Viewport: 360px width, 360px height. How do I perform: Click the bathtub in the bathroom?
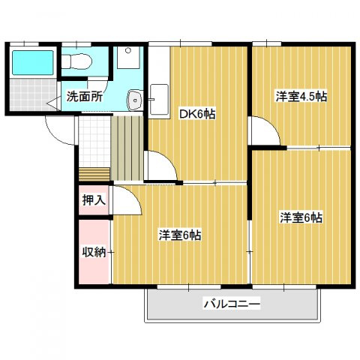coord(31,62)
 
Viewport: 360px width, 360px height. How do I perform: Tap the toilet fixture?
coord(78,61)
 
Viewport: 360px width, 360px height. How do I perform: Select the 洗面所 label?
coord(84,96)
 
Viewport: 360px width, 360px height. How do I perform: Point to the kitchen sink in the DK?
coord(159,98)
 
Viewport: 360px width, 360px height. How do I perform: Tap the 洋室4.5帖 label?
coord(301,96)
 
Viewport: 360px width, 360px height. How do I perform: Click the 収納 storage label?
coord(94,251)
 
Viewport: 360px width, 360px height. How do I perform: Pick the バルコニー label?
coord(230,305)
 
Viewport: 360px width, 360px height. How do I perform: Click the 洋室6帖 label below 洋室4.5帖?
coord(301,218)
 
